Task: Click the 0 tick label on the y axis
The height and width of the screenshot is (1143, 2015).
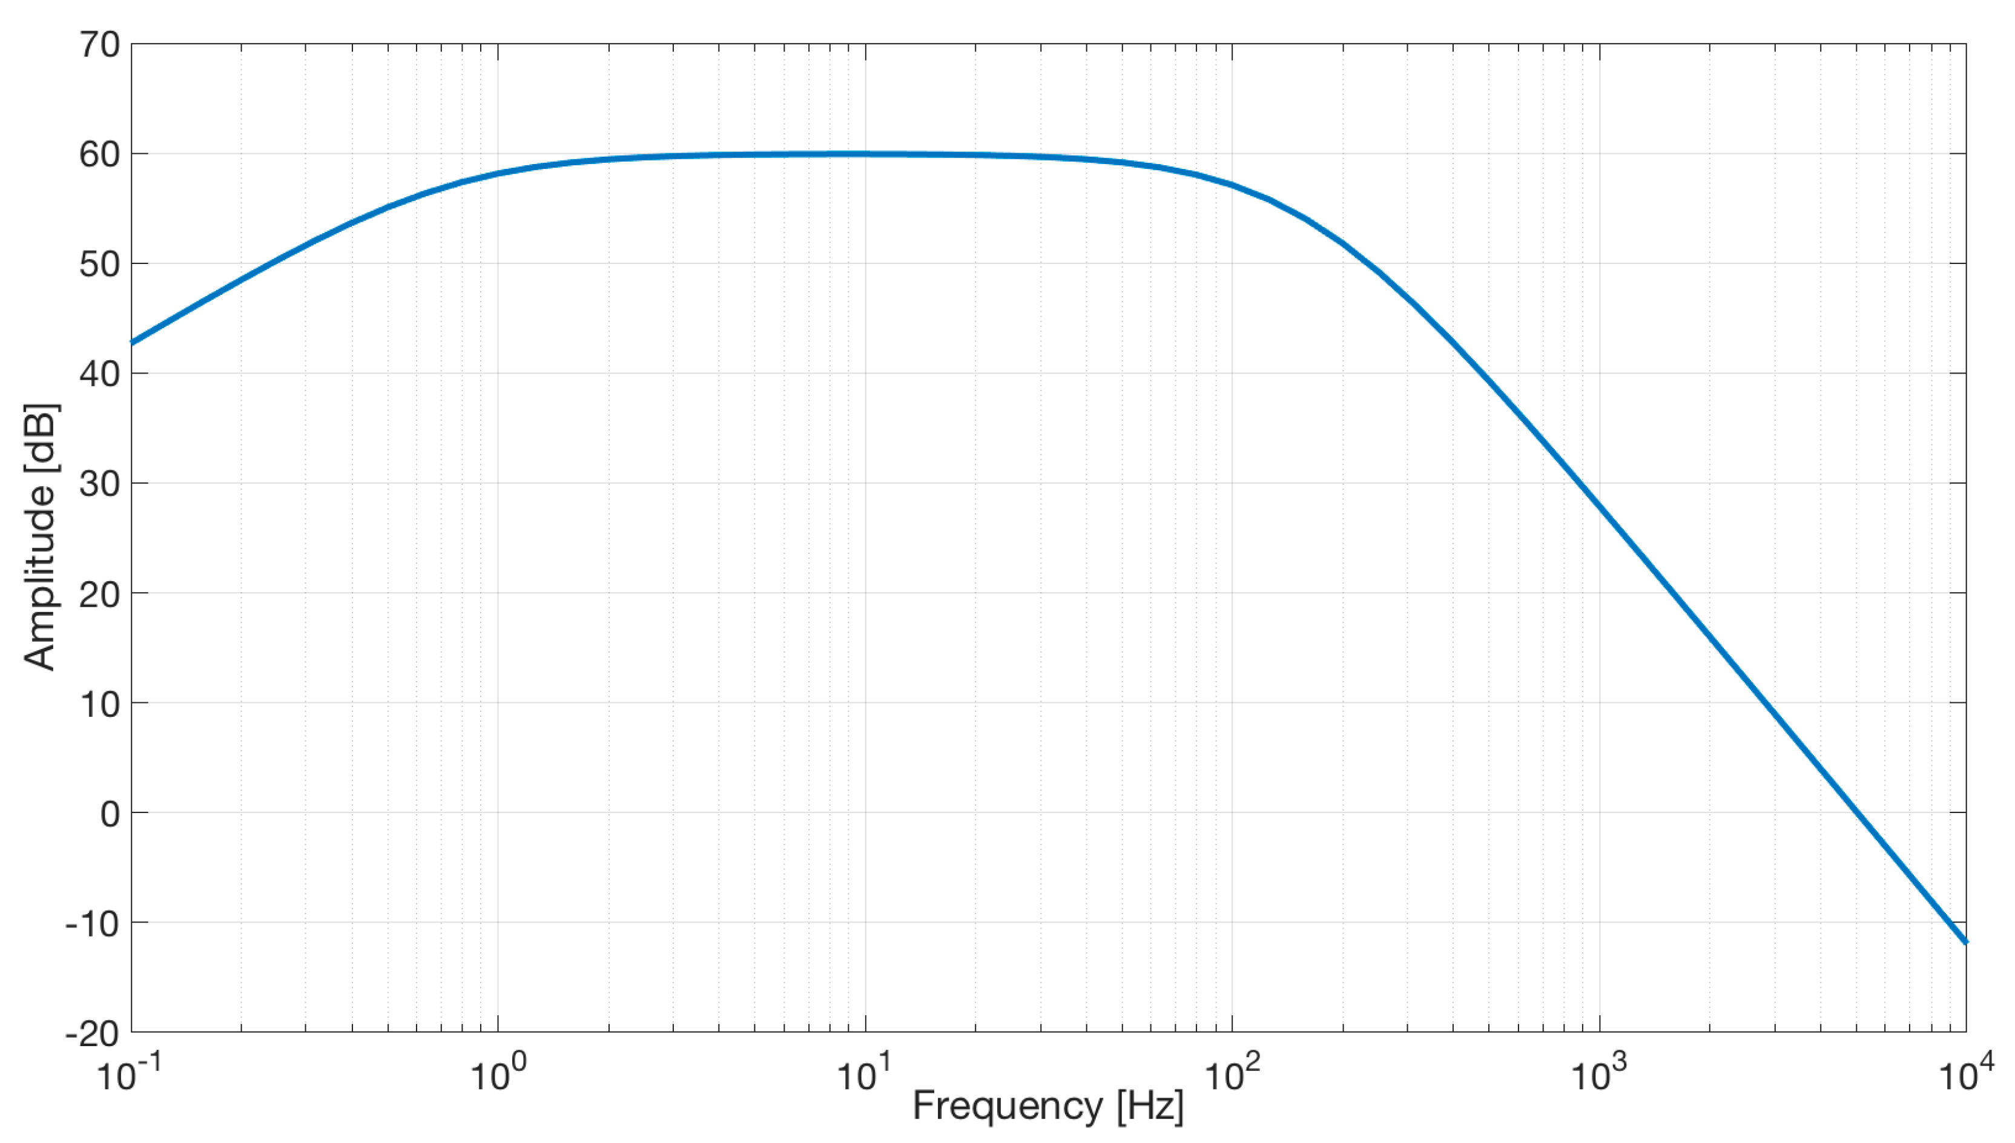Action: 110,814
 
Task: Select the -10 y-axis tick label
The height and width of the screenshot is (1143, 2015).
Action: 92,924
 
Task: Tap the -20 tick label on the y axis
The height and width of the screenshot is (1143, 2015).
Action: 92,1034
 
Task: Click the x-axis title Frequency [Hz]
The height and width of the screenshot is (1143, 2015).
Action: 1048,1107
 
